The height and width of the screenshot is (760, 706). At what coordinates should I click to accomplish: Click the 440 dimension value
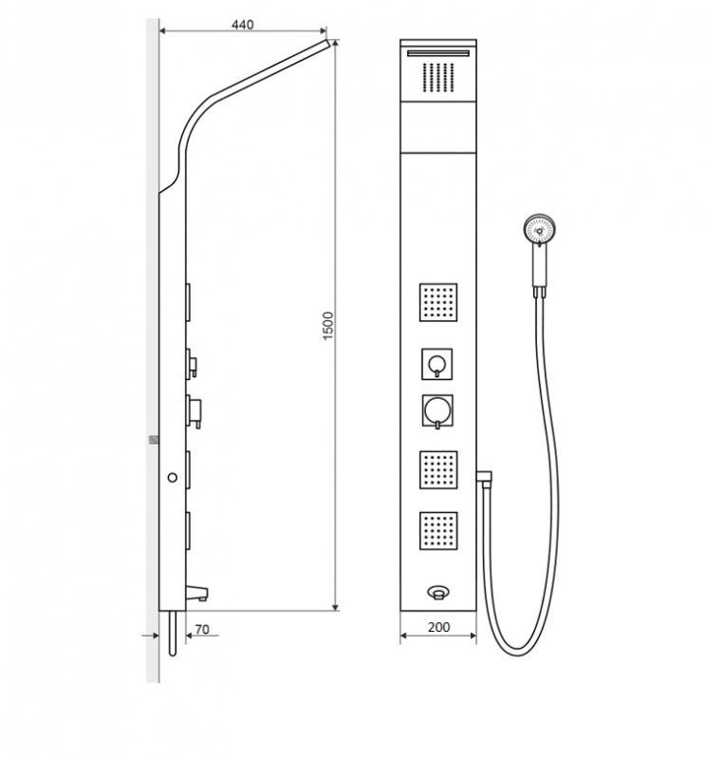point(242,25)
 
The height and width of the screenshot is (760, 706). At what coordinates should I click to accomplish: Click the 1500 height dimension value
point(327,326)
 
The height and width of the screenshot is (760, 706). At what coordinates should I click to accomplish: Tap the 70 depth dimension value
point(202,629)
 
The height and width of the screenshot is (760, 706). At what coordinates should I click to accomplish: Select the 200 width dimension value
point(438,627)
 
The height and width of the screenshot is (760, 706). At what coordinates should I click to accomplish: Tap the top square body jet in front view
point(438,302)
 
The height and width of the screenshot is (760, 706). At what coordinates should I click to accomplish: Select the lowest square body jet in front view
point(438,530)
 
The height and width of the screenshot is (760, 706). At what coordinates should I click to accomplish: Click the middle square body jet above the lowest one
point(438,470)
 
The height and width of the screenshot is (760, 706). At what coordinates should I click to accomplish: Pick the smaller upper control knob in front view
point(437,364)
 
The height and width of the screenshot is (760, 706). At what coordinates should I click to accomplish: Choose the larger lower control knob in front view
point(437,411)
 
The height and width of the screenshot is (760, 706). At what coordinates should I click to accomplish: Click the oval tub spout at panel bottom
point(438,592)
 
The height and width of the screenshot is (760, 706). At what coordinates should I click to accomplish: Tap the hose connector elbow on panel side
point(484,476)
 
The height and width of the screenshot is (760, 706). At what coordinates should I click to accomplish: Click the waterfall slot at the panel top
point(438,53)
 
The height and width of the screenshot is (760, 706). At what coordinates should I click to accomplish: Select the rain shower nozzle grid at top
point(438,77)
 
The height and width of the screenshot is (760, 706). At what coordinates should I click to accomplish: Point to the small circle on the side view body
point(173,478)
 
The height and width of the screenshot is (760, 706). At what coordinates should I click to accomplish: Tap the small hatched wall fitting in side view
point(154,440)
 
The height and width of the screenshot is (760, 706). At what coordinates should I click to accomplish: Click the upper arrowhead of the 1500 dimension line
point(335,44)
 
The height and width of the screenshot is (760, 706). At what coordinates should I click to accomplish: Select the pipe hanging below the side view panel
point(173,634)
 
